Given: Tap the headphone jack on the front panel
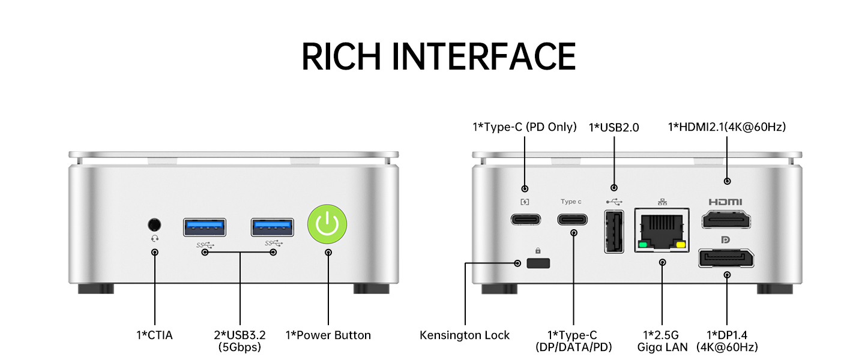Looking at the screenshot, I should coord(155,224).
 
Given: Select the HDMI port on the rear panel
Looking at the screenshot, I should coord(727,220).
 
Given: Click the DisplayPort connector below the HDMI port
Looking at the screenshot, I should coord(726,259).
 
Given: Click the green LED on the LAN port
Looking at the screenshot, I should coord(643,245).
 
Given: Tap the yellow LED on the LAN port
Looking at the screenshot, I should coord(681,245).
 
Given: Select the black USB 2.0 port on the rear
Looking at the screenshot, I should coord(614,232).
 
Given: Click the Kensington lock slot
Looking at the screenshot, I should coord(538,263).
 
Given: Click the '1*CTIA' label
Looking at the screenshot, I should coord(154,335).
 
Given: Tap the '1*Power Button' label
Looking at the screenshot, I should coord(328,335).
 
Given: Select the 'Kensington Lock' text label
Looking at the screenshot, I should coord(465,335).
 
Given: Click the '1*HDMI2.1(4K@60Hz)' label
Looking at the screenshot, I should coord(727,127).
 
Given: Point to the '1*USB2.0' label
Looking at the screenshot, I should coord(614,127).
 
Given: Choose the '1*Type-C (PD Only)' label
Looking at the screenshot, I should coord(525,127).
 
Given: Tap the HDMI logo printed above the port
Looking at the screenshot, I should coord(725,202).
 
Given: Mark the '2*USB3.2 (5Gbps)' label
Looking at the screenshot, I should coord(240,341).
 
